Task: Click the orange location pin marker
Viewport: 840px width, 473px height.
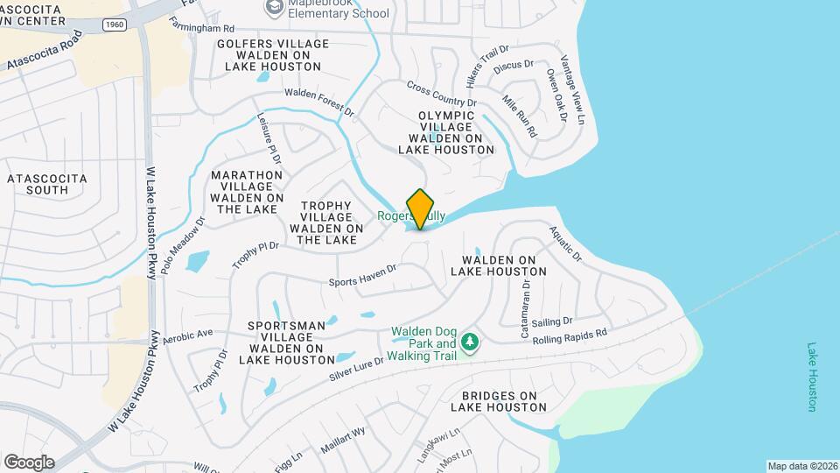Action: point(420,208)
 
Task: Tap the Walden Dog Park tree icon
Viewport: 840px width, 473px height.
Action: point(471,341)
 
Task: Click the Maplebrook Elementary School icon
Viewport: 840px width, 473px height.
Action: point(275,8)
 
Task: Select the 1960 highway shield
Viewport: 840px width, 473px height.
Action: point(113,25)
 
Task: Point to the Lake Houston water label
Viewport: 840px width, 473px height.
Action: point(812,377)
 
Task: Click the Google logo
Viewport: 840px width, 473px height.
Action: point(29,462)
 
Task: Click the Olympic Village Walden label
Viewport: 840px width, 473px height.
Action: point(446,132)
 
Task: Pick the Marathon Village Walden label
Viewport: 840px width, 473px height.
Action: point(247,192)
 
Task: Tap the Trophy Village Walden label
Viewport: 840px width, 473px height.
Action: point(325,222)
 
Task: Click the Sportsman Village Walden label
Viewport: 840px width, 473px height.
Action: point(287,342)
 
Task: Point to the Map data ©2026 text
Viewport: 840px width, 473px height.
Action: point(801,465)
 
